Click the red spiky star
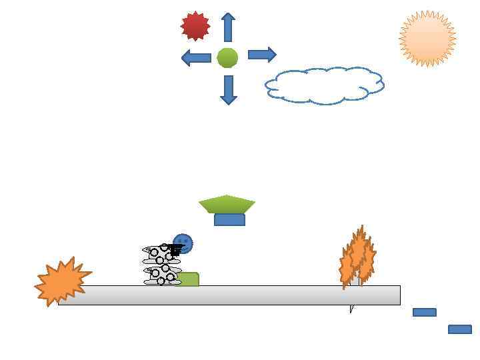[x=195, y=26]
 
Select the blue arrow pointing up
[x=228, y=27]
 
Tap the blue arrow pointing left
[x=196, y=57]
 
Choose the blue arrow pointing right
[x=262, y=55]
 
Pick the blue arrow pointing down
[x=229, y=89]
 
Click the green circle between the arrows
[x=227, y=58]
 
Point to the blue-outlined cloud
[x=325, y=85]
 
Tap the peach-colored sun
[x=427, y=39]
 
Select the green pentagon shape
[x=227, y=203]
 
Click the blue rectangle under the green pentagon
[x=229, y=220]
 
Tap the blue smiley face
[x=183, y=243]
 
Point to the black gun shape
[x=175, y=250]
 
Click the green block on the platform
[x=189, y=279]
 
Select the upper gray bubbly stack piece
[x=160, y=254]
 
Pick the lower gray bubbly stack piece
[x=161, y=275]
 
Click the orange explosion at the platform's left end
[x=61, y=281]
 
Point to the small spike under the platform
[x=351, y=309]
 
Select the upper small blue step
[x=425, y=312]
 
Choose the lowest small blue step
[x=460, y=329]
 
